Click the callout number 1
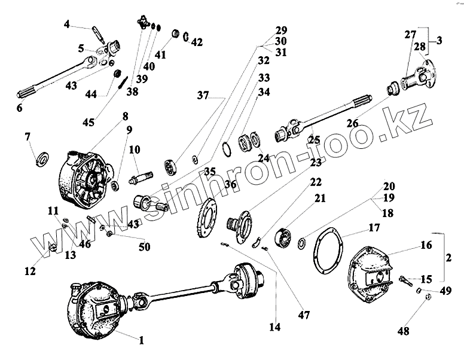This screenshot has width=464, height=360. [x=141, y=341]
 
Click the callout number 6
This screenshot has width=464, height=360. [x=19, y=108]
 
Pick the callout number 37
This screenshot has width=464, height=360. [x=204, y=95]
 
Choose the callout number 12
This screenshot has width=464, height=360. [x=30, y=271]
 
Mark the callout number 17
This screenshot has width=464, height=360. [x=374, y=227]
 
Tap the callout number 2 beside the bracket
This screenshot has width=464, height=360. [x=449, y=258]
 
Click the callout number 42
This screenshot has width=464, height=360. [x=197, y=42]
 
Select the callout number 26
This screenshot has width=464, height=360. [x=353, y=124]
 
